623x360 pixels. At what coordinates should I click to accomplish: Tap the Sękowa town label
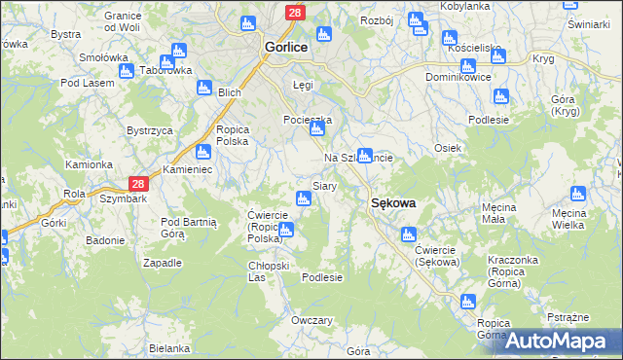pos(393,203)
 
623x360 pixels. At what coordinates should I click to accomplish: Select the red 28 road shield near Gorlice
pos(295,12)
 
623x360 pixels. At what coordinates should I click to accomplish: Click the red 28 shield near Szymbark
pos(138,184)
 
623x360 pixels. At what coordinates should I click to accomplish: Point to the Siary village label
pos(324,185)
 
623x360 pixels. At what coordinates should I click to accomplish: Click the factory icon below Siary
pos(304,199)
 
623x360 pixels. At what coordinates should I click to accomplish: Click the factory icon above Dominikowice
pos(467,65)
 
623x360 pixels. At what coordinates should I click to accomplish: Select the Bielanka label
pos(169,348)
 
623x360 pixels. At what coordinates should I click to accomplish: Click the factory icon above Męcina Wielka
pos(578,194)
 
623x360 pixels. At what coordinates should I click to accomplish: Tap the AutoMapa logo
pos(564,341)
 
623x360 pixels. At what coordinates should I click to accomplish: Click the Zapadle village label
pos(163,263)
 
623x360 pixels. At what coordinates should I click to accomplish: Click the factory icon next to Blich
pos(203,88)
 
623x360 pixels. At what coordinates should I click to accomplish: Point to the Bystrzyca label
pos(150,130)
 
